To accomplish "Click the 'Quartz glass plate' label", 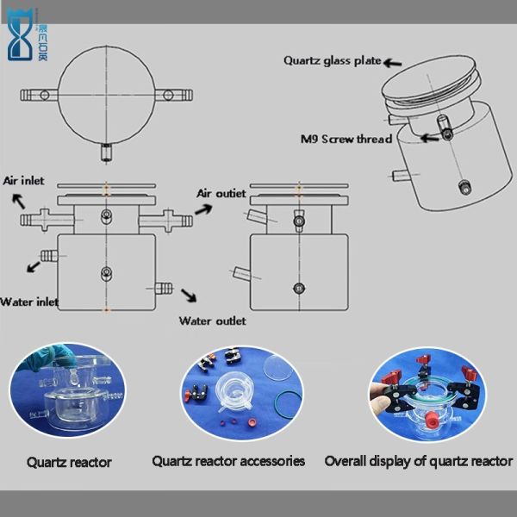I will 333,60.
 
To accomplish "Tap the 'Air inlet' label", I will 23,181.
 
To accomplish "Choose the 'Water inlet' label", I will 29,302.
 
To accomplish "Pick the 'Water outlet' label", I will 212,321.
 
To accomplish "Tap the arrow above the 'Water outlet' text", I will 188,296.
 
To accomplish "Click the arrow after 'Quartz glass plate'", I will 394,62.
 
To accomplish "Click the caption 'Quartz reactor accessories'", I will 228,461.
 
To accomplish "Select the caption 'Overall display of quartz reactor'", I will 419,461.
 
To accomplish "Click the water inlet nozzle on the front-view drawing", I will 49,255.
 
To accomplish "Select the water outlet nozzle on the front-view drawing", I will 164,287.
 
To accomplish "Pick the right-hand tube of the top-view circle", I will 177,91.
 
